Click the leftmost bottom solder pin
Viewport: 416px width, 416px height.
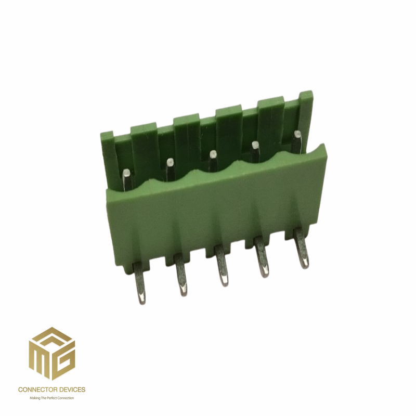[x=140, y=283]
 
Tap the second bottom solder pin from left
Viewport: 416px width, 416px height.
[x=180, y=275]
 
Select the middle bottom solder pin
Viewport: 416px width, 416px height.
[x=222, y=266]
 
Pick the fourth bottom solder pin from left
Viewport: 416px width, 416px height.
[x=262, y=257]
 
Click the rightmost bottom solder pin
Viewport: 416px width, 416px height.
[x=302, y=249]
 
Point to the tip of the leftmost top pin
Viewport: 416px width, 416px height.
[x=127, y=174]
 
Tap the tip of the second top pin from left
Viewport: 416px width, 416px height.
[x=170, y=162]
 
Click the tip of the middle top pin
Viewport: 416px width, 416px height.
[x=213, y=153]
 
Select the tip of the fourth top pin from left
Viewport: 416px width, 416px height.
[x=255, y=145]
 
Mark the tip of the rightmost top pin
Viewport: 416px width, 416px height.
[x=297, y=134]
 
